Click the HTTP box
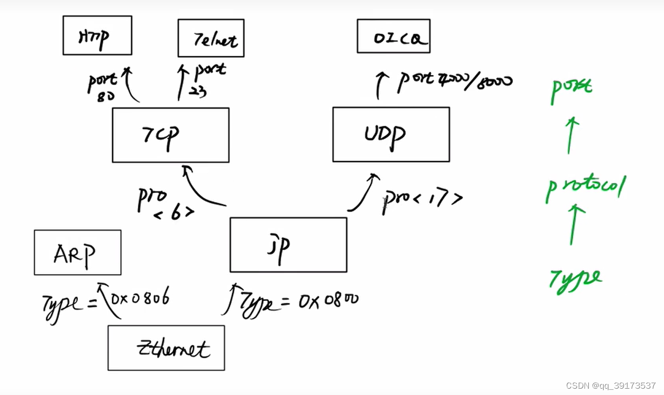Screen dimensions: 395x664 [x=97, y=35]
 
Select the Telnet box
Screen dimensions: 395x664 [x=211, y=38]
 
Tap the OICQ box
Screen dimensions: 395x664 [x=393, y=36]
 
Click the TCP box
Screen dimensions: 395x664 [x=170, y=135]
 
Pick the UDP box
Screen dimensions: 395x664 [x=390, y=134]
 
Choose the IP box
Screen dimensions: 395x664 [x=288, y=245]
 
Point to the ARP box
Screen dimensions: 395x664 [x=77, y=253]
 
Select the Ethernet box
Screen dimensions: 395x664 [x=166, y=347]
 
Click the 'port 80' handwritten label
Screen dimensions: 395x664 [x=102, y=86]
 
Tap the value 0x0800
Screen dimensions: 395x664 [x=328, y=301]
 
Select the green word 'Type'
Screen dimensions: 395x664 [x=575, y=279]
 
